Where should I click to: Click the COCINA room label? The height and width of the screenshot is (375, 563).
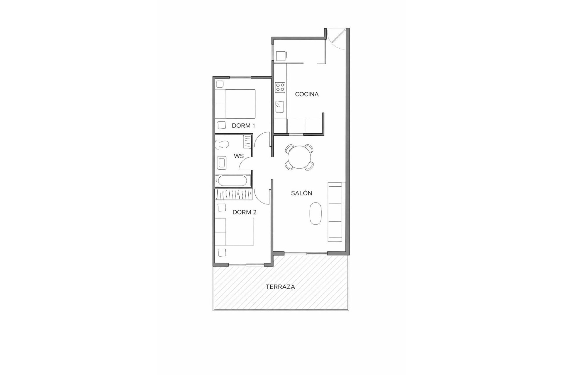[307, 94]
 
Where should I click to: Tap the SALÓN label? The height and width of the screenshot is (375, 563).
[301, 193]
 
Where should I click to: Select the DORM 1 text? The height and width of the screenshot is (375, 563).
[243, 126]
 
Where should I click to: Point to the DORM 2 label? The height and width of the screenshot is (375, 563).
[244, 212]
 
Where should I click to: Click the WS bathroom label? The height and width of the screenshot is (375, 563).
[239, 156]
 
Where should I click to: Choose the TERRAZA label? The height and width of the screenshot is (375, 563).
[280, 287]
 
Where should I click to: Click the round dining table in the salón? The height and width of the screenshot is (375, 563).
[299, 157]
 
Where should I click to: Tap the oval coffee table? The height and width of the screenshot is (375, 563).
[316, 213]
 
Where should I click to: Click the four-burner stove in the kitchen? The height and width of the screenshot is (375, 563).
[280, 87]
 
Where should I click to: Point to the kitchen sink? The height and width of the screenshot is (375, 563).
[280, 107]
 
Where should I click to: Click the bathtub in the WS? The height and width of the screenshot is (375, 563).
[233, 181]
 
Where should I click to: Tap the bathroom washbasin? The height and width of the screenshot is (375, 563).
[222, 163]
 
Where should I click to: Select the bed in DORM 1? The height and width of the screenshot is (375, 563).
[235, 104]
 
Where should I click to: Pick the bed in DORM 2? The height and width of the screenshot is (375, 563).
[234, 232]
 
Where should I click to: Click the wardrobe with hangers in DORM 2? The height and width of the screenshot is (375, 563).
[234, 195]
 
